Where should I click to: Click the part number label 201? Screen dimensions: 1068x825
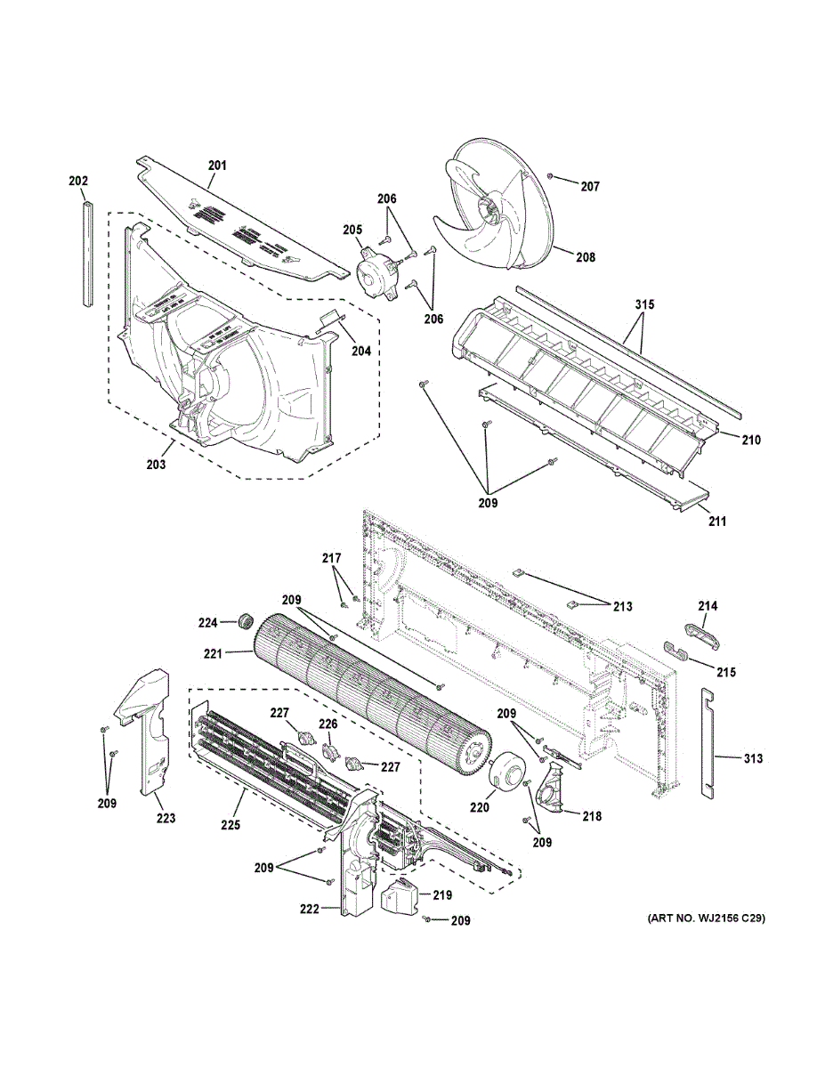[x=218, y=166]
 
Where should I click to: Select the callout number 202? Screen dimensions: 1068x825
[x=78, y=182]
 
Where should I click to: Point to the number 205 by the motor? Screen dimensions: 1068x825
[x=352, y=230]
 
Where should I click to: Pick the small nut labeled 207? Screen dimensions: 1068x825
[x=552, y=178]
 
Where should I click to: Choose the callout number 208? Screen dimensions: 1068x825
[x=585, y=258]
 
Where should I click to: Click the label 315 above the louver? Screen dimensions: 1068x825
[x=644, y=305]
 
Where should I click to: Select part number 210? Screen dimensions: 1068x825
[x=752, y=440]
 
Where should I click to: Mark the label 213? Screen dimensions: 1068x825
[x=622, y=607]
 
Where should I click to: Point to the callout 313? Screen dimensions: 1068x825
[x=754, y=759]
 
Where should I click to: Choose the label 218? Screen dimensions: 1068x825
[x=592, y=816]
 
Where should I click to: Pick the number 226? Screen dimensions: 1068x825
[x=328, y=724]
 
